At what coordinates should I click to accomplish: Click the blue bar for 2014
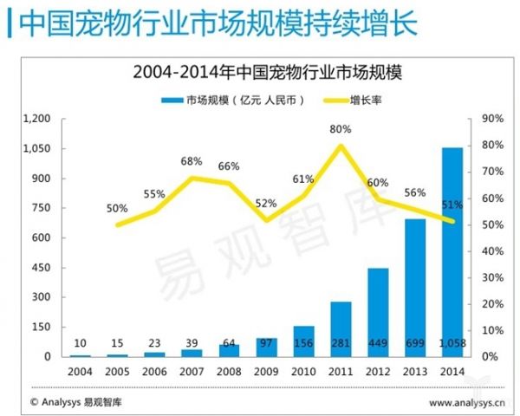point(452,251)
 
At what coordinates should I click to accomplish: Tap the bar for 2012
point(378,312)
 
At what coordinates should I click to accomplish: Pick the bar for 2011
point(341,329)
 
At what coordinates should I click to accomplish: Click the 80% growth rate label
point(341,129)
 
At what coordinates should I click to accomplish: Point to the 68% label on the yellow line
point(192,161)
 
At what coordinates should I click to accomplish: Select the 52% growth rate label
point(266,204)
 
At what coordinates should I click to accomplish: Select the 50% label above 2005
point(117,209)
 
